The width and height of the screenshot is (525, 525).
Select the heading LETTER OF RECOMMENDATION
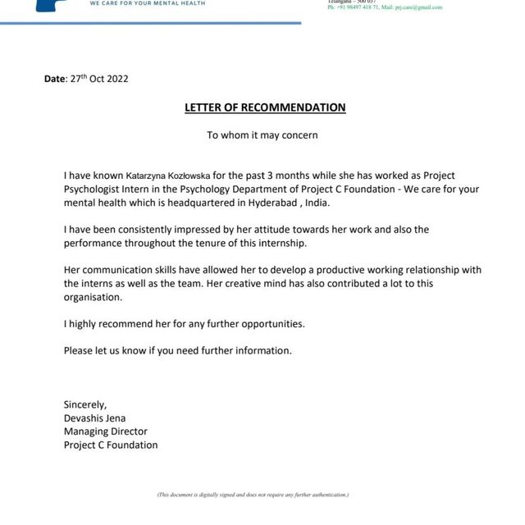coord(264,107)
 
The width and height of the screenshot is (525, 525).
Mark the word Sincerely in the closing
coord(85,404)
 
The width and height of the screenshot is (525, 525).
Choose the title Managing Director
coord(106,431)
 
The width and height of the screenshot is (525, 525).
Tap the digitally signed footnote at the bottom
coord(253,495)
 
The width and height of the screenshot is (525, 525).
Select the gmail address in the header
coord(418,7)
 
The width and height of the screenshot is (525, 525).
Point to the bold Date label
coord(53,79)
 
